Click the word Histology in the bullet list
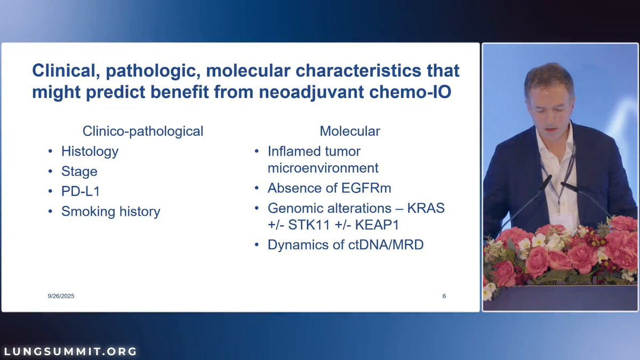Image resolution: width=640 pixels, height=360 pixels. click(90, 151)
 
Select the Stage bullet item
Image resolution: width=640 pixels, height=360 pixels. click(79, 171)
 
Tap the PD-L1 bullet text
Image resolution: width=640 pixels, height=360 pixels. click(81, 191)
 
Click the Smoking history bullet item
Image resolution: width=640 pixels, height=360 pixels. click(110, 211)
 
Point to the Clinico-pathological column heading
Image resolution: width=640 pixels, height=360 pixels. click(143, 131)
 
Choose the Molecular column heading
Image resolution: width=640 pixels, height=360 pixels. click(350, 131)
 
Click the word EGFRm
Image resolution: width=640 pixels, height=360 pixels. click(366, 188)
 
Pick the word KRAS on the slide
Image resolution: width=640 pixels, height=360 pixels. click(426, 208)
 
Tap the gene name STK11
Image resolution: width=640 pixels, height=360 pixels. click(309, 225)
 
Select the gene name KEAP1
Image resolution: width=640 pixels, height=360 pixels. click(377, 225)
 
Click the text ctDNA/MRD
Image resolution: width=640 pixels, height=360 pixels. click(386, 245)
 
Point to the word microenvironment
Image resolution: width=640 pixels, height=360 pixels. click(323, 168)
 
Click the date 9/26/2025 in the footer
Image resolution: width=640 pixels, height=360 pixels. click(61, 296)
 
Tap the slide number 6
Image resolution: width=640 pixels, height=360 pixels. click(444, 296)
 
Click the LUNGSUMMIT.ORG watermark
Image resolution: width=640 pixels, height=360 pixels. click(70, 351)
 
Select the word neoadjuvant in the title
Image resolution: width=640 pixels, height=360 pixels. click(311, 92)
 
